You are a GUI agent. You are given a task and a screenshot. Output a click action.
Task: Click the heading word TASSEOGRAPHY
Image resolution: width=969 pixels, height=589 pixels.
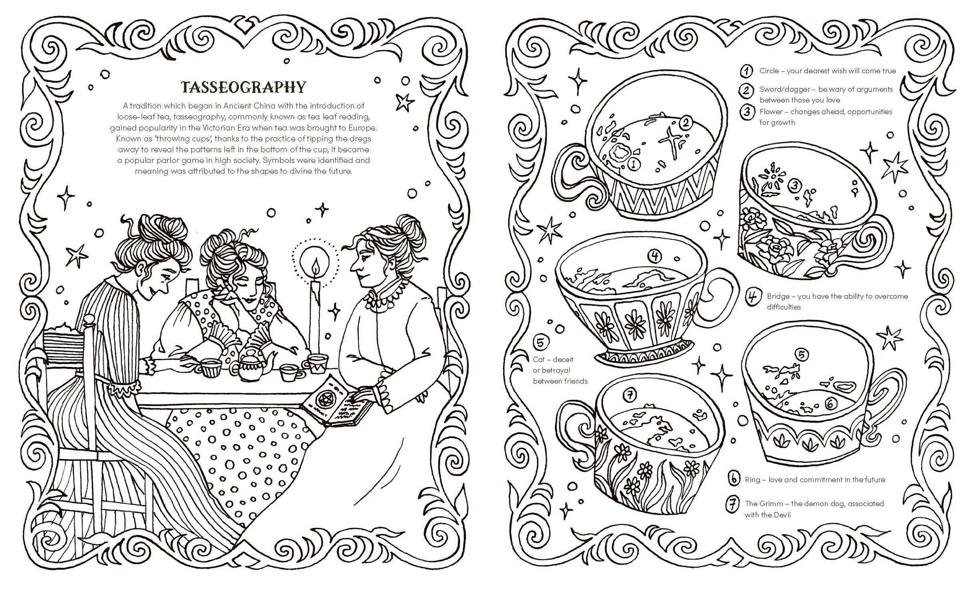[243, 87]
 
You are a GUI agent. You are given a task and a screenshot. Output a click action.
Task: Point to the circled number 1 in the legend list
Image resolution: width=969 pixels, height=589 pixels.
[746, 71]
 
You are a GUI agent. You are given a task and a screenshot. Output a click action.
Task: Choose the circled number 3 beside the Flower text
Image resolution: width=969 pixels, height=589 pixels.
[747, 112]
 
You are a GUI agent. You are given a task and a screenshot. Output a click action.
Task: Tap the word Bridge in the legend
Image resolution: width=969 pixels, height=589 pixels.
[778, 296]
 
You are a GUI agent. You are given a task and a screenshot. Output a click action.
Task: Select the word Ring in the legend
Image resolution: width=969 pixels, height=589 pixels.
[752, 479]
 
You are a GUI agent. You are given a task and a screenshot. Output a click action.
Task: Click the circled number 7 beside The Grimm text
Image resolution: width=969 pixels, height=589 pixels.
[732, 505]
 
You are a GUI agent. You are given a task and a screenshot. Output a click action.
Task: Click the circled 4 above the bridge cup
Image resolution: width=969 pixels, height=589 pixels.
[655, 257]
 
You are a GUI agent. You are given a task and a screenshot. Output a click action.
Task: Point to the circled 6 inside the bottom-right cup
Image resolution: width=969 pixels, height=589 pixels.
[830, 418]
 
